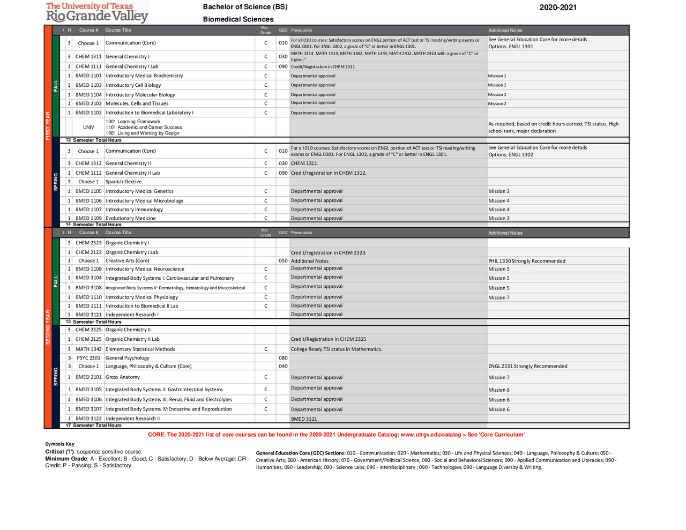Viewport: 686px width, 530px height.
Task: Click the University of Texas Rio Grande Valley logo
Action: [96, 12]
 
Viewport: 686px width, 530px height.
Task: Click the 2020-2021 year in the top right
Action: [557, 8]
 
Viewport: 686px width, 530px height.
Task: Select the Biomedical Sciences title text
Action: [238, 19]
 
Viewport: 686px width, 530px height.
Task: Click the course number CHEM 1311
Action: [88, 56]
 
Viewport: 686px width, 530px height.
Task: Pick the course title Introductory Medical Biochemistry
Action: [144, 76]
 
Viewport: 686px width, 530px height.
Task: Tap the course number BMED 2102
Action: [88, 103]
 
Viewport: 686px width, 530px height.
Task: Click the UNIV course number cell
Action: [88, 128]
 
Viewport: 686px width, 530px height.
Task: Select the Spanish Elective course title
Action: [123, 182]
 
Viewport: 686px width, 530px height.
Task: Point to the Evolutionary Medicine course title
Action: [130, 218]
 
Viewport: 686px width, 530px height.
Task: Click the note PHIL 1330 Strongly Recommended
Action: [526, 261]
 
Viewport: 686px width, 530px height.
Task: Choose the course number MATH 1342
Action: [88, 349]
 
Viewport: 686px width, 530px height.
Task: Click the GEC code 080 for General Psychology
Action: [283, 357]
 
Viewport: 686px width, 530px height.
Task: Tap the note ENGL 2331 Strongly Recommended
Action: [527, 366]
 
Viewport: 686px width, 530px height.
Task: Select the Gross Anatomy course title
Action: [122, 377]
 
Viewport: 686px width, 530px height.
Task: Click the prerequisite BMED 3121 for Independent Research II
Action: [304, 419]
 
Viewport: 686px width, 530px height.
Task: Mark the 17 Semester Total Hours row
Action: [94, 426]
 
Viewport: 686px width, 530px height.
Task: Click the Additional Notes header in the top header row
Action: [505, 31]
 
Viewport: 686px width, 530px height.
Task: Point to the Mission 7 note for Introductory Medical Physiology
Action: [498, 297]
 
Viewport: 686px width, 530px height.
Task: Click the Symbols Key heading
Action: [59, 444]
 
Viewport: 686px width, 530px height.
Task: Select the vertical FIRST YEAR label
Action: [48, 125]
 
